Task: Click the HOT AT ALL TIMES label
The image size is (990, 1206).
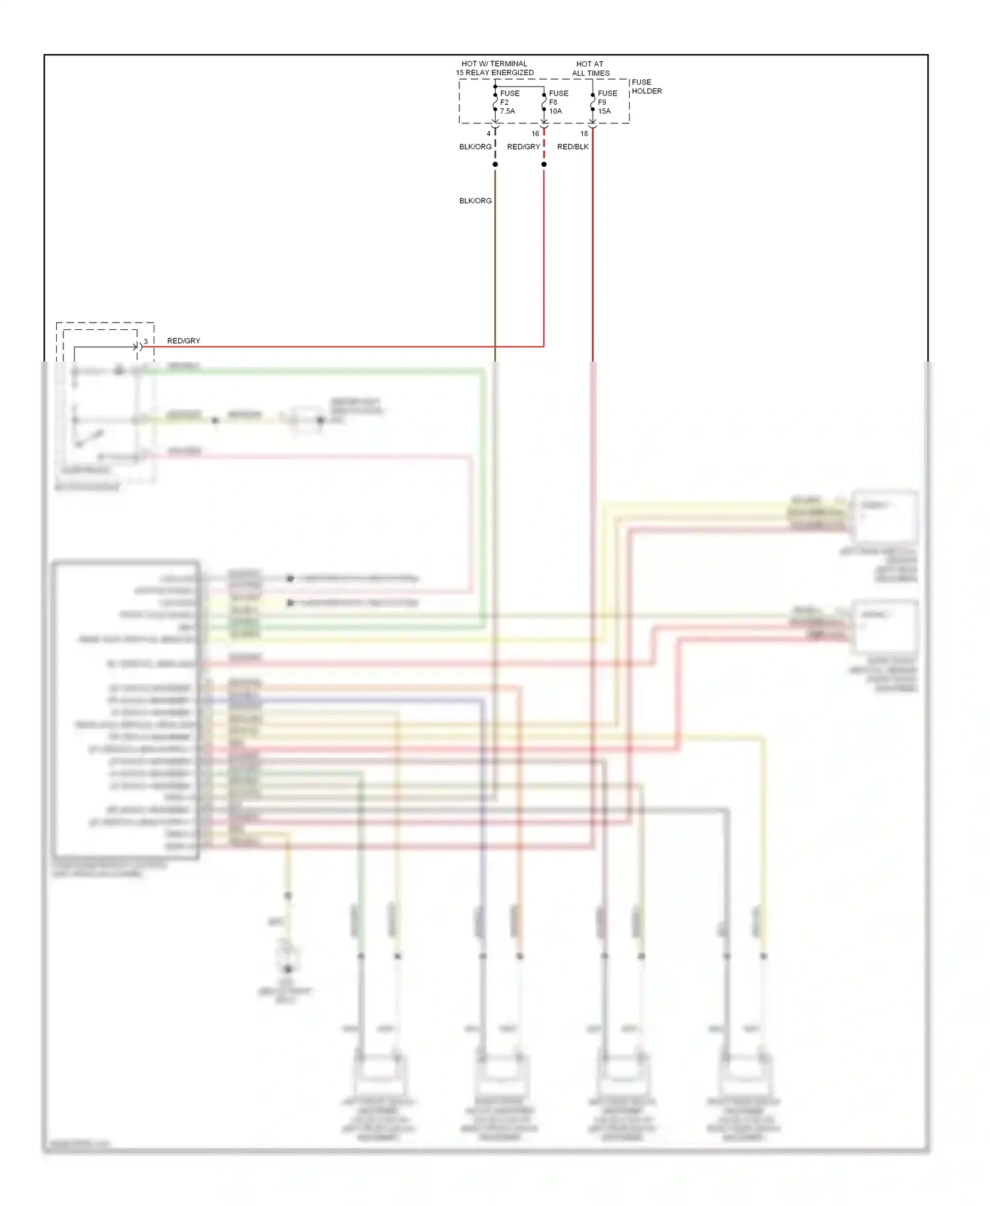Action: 590,69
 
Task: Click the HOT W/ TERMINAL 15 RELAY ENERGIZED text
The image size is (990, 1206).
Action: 494,68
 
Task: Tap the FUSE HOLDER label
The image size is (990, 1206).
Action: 646,86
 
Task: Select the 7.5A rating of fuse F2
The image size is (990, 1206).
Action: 508,111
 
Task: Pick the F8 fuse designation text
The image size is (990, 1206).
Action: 553,102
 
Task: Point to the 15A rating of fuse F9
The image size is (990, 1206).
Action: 605,111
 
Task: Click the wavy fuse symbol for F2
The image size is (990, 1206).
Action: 495,102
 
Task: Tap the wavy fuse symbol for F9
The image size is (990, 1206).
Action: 593,102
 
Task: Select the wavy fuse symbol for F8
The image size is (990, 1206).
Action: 544,102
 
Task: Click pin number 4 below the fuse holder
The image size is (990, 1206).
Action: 488,134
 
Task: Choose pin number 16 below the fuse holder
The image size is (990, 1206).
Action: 535,134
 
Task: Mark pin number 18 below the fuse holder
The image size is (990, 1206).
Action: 584,134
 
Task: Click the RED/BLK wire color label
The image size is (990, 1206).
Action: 572,146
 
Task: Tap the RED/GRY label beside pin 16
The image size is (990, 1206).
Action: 523,146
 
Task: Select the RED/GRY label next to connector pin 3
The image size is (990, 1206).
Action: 183,341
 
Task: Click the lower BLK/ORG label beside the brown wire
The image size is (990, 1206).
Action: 475,201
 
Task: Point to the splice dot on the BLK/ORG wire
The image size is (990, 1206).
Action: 495,164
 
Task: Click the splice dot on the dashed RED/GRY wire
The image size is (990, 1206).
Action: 544,164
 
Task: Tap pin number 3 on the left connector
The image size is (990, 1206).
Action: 146,341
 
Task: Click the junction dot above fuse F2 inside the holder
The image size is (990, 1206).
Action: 495,86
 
